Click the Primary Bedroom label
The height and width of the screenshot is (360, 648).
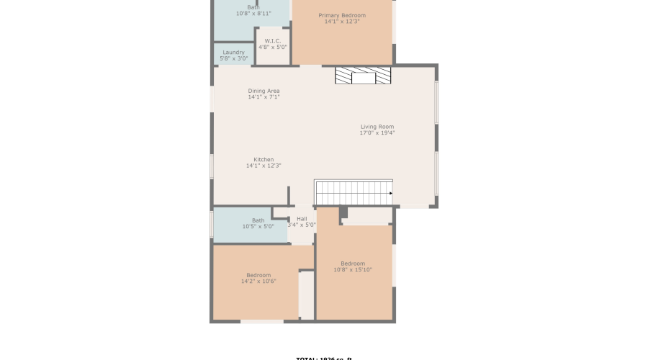(342, 15)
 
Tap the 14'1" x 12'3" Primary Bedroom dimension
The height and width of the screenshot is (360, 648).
(342, 22)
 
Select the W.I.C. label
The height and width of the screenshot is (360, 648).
(273, 41)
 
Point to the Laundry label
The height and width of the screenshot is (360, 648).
(233, 52)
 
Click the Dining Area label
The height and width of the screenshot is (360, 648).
(264, 91)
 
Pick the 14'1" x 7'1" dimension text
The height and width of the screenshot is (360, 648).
(264, 97)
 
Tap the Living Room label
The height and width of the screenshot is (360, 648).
(377, 127)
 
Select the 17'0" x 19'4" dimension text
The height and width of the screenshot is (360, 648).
(377, 133)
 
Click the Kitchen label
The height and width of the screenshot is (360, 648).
(264, 159)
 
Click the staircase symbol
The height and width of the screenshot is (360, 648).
(353, 192)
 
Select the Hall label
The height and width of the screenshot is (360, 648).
(302, 218)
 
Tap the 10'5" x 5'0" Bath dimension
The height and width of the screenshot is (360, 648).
(258, 227)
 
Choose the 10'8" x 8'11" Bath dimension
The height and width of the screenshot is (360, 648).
(253, 14)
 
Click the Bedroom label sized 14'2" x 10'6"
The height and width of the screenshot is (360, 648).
(258, 274)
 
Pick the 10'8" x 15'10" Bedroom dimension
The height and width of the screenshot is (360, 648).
(353, 270)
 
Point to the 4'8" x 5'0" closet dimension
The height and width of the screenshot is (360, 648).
(273, 48)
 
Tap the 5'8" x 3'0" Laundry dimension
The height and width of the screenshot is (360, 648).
(233, 58)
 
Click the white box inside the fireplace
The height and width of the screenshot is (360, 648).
(364, 78)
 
